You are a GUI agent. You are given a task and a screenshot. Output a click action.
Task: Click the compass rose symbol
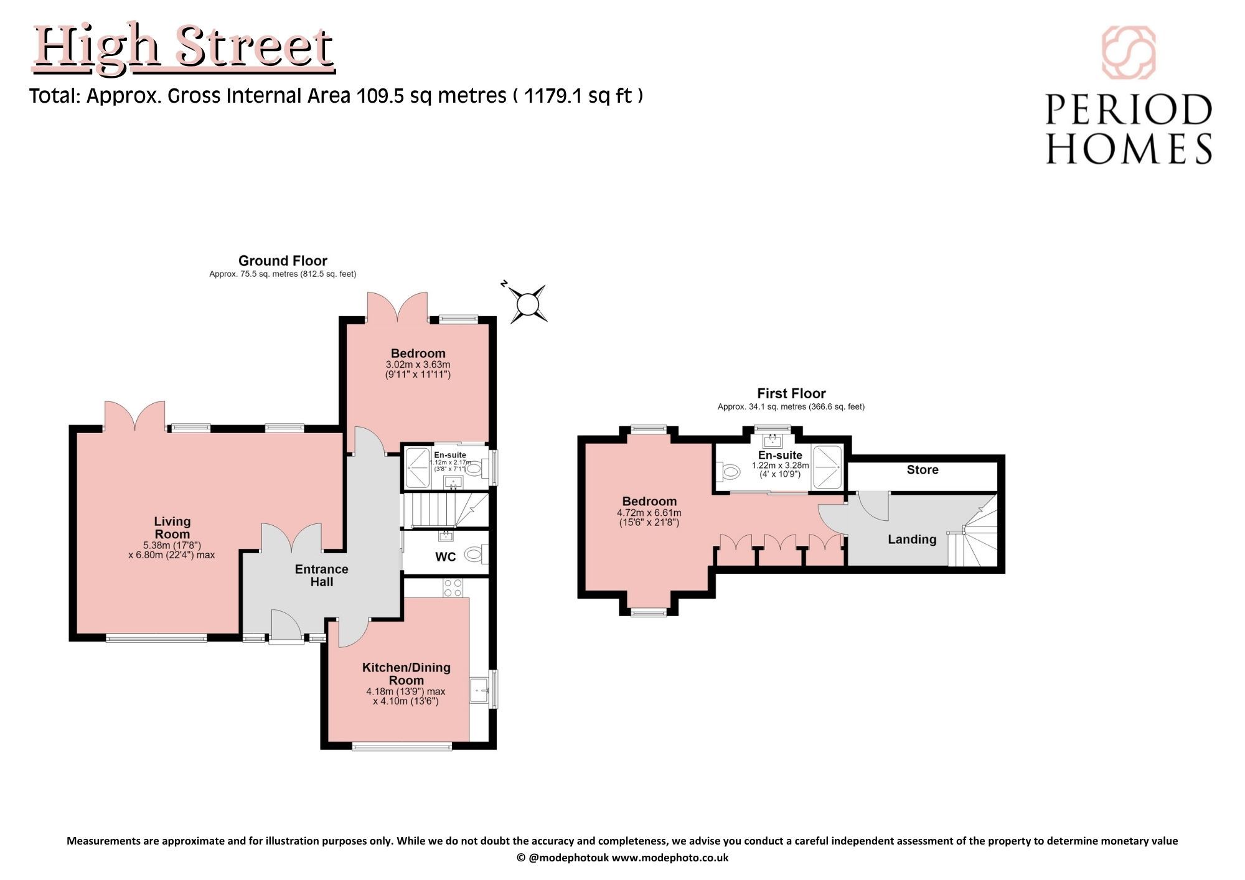[528, 304]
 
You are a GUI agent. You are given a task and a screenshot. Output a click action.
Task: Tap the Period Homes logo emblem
[1129, 52]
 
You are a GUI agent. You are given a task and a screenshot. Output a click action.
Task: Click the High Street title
[184, 48]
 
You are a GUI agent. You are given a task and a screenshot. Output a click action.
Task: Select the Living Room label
[172, 528]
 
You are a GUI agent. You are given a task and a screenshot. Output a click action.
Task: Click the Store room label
[923, 470]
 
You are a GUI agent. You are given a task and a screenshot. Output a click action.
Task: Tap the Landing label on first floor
[912, 540]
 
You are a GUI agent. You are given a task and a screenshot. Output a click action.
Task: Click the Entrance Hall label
[321, 576]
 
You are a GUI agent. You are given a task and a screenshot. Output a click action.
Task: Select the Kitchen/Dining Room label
[406, 674]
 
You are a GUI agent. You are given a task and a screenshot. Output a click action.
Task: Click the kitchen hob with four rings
[453, 588]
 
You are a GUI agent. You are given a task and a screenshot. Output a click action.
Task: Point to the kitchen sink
[479, 689]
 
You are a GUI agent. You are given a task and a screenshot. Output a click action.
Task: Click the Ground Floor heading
[283, 261]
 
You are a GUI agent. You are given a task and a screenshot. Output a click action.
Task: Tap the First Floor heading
[791, 393]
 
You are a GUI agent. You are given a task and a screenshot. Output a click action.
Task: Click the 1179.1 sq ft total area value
[578, 96]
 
